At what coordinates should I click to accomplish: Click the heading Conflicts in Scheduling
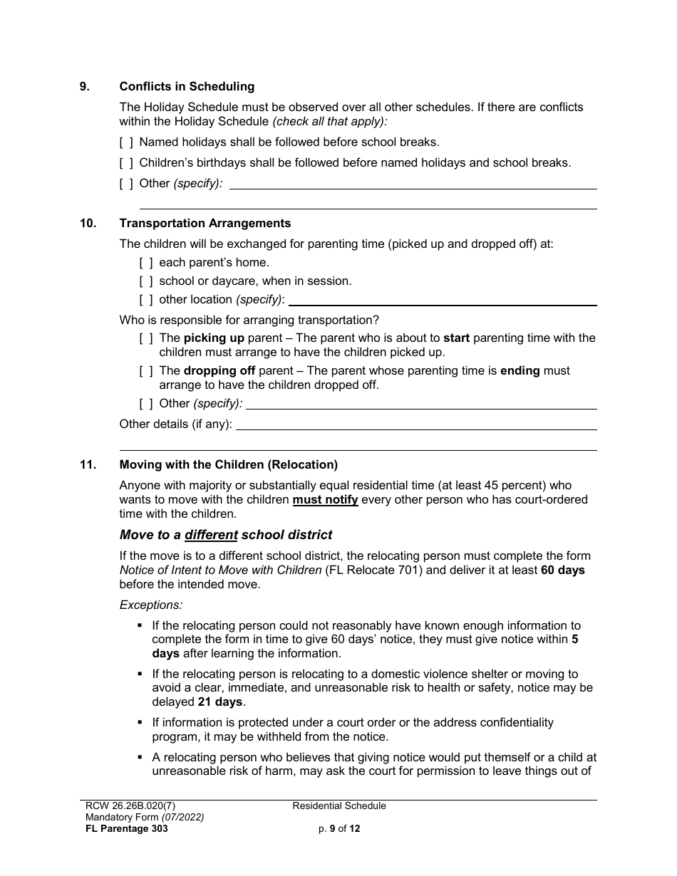pyautogui.click(x=187, y=86)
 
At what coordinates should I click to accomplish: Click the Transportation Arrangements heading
pyautogui.click(x=205, y=223)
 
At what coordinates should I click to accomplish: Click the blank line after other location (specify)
pyautogui.click(x=442, y=302)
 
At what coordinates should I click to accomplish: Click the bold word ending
pyautogui.click(x=520, y=370)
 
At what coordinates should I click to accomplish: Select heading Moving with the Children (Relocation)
pyautogui.click(x=228, y=464)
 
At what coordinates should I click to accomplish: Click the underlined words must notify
pyautogui.click(x=326, y=499)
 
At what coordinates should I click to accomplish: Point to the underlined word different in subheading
pyautogui.click(x=211, y=534)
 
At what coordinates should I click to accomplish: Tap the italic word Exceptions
pyautogui.click(x=151, y=605)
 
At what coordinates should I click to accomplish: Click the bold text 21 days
pyautogui.click(x=220, y=702)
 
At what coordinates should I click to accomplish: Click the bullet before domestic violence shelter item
pyautogui.click(x=140, y=673)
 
